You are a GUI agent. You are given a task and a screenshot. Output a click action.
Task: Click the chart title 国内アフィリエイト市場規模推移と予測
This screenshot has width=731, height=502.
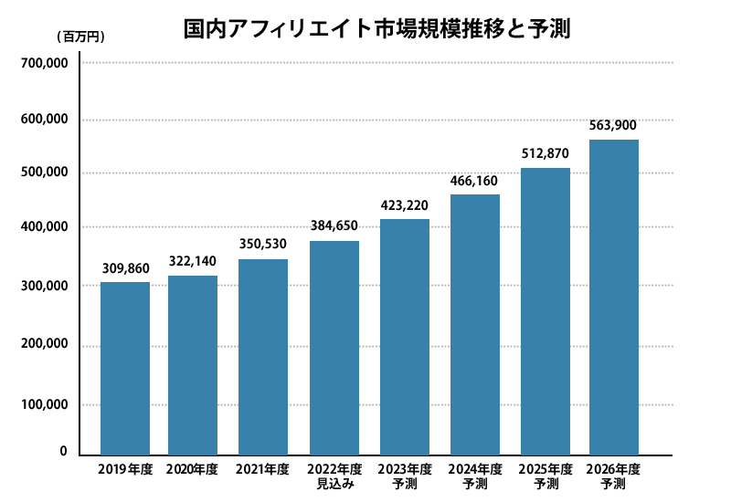click(x=376, y=28)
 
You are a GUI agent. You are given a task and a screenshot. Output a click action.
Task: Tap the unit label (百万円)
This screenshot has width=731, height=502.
click(x=81, y=37)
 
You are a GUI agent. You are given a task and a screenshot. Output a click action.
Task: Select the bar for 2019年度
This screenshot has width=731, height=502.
click(x=125, y=368)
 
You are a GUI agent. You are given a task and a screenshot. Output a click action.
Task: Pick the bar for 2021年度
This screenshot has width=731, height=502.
click(x=263, y=356)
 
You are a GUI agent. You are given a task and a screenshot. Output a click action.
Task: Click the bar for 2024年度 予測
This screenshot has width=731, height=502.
click(x=475, y=324)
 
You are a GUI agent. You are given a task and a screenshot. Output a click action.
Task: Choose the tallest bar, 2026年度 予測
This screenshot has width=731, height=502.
click(x=613, y=297)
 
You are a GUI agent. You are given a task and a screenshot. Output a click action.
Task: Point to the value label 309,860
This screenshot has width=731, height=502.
click(x=125, y=268)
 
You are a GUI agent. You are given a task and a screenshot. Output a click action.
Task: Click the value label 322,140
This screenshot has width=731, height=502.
click(x=194, y=261)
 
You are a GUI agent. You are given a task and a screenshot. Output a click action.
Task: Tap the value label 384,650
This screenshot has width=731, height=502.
click(x=334, y=226)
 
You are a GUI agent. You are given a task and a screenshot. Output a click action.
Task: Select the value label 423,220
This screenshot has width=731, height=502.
click(x=405, y=204)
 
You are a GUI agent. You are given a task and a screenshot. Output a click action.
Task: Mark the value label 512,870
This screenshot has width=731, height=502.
click(x=546, y=154)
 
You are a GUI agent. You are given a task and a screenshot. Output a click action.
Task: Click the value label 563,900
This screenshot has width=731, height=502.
click(x=613, y=125)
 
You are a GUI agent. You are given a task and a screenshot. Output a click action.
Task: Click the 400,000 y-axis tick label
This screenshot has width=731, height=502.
click(x=44, y=227)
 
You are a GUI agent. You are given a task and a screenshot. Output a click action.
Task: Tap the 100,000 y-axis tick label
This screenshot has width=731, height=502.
click(x=44, y=404)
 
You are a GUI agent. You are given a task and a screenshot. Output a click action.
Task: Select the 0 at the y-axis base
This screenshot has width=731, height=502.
click(x=63, y=451)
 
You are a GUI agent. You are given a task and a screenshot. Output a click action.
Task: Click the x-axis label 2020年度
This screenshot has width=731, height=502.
click(x=193, y=469)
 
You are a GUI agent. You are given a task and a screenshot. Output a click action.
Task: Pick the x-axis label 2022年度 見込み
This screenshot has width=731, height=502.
click(x=334, y=476)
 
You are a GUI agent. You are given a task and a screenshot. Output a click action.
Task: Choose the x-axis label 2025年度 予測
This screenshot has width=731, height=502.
click(x=546, y=476)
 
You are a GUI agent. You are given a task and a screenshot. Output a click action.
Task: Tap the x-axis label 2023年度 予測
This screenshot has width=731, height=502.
click(x=405, y=476)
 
